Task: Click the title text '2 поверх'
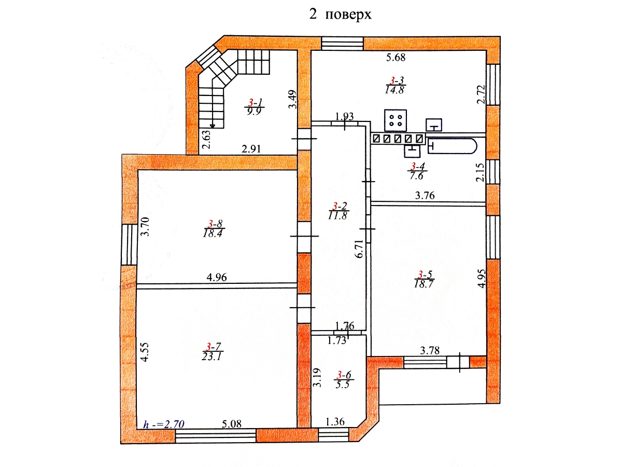pyautogui.click(x=340, y=15)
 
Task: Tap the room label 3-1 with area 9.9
pyautogui.click(x=254, y=106)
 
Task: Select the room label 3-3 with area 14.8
pyautogui.click(x=395, y=85)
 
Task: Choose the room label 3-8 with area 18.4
pyautogui.click(x=214, y=228)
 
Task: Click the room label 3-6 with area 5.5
pyautogui.click(x=344, y=380)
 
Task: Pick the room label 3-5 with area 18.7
pyautogui.click(x=424, y=279)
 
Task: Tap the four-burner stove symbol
pyautogui.click(x=395, y=120)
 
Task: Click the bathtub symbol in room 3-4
pyautogui.click(x=453, y=146)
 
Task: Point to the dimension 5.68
pyautogui.click(x=396, y=58)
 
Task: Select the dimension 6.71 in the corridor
pyautogui.click(x=359, y=249)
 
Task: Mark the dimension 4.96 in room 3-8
pyautogui.click(x=217, y=277)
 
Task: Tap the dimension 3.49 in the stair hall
pyautogui.click(x=292, y=99)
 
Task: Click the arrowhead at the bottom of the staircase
pyautogui.click(x=212, y=126)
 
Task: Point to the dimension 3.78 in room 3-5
pyautogui.click(x=430, y=351)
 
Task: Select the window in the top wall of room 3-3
pyautogui.click(x=342, y=44)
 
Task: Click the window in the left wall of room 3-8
pyautogui.click(x=129, y=244)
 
